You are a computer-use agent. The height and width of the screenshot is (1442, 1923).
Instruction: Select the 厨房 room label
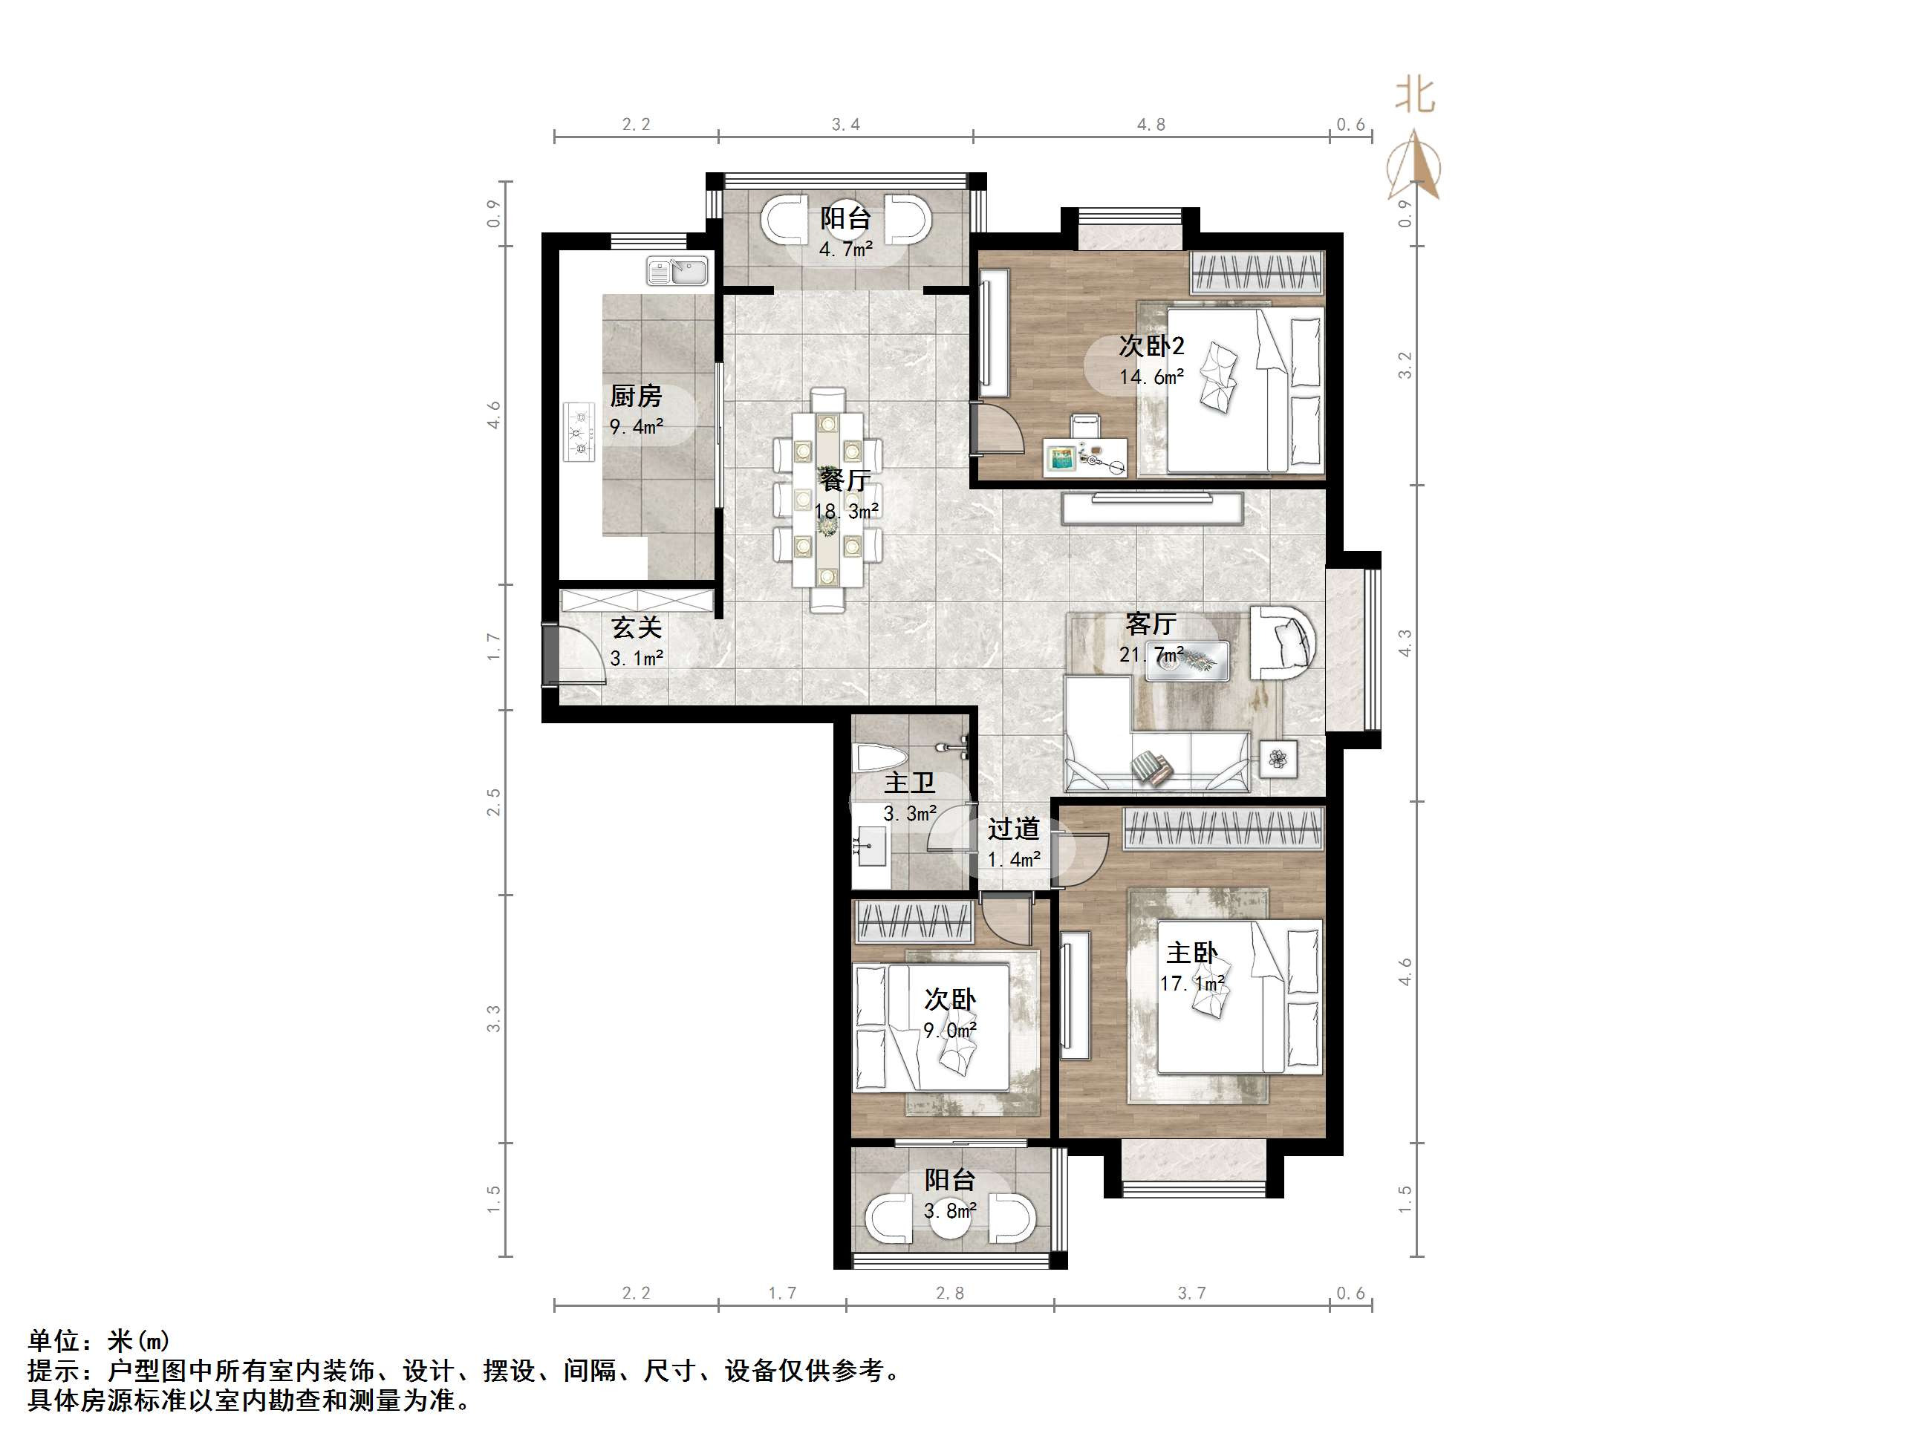pos(636,397)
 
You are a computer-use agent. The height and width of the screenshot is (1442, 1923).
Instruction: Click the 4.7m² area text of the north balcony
pos(845,250)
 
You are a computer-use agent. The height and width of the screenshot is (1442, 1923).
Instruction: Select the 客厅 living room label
pos(1150,623)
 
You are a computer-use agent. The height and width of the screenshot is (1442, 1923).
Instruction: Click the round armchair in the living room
pos(1282,642)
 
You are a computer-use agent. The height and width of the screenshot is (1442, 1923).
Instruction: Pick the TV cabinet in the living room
pos(1152,508)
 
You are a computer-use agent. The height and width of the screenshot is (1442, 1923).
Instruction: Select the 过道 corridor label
pos(1013,829)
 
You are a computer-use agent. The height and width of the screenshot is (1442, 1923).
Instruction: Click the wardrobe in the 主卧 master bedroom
pos(1223,827)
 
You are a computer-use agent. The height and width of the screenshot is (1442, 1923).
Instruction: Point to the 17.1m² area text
pos(1192,984)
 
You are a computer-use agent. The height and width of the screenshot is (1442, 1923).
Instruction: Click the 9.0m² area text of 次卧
pos(949,1031)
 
